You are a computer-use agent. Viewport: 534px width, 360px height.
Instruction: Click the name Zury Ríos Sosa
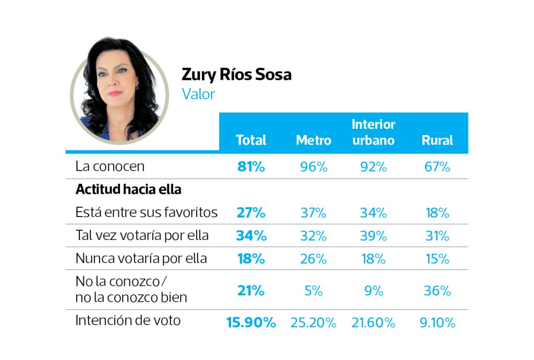click(x=236, y=75)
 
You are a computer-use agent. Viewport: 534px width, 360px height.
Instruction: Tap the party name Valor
click(x=198, y=94)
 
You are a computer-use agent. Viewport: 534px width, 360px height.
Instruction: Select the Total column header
click(x=251, y=140)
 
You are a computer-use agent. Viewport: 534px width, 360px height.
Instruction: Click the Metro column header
click(x=313, y=140)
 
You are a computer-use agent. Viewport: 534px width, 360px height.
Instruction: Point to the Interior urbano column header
click(x=373, y=133)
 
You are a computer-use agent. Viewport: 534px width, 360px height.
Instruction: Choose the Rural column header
click(x=437, y=140)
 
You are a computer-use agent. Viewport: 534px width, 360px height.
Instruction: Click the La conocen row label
click(x=110, y=167)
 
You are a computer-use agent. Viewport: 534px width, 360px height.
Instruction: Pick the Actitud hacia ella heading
click(x=128, y=189)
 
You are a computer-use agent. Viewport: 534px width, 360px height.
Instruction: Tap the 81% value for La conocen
click(x=251, y=167)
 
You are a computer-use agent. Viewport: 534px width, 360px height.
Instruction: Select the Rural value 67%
click(x=437, y=167)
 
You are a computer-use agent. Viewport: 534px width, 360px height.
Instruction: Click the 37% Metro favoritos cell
click(x=313, y=213)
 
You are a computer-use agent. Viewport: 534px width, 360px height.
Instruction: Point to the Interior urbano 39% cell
click(x=373, y=236)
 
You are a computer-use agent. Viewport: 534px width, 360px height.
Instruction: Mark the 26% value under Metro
click(x=313, y=259)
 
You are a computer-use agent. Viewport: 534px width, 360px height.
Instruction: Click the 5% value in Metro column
click(x=313, y=291)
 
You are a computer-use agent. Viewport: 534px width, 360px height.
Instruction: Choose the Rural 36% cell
click(x=437, y=291)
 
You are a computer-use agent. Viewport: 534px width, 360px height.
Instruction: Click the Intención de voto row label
click(x=128, y=320)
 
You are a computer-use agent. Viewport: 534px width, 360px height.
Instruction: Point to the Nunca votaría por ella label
click(x=141, y=258)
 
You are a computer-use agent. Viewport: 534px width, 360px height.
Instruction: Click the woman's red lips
click(x=115, y=94)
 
